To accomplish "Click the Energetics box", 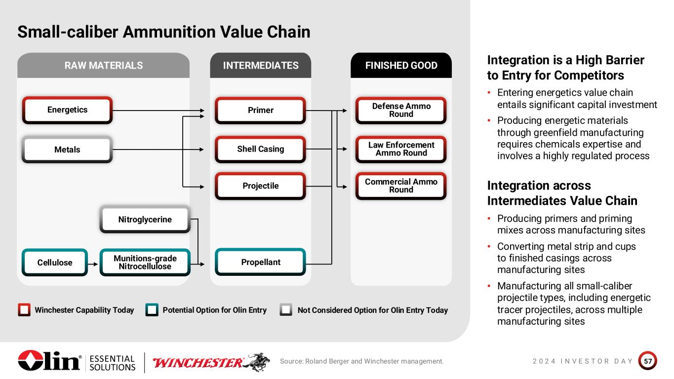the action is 67,110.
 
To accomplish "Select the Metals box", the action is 67,150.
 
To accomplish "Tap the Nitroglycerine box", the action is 145,219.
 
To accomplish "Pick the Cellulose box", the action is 55,263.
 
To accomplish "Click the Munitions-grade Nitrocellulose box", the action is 145,263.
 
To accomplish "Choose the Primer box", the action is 261,111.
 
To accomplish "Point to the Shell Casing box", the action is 261,149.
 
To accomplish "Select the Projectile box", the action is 261,186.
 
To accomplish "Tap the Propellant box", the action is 261,262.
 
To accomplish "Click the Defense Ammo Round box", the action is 401,111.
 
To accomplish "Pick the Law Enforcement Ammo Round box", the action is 401,149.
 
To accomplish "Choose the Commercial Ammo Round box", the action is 401,186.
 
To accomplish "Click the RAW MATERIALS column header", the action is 104,65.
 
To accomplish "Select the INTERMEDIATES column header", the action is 261,65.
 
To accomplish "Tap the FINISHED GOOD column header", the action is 401,65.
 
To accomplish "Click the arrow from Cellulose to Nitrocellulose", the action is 93,264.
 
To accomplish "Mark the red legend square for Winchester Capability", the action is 24,310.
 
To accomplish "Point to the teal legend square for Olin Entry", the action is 152,310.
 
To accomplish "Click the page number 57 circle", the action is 648,361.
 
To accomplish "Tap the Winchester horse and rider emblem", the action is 257,362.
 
